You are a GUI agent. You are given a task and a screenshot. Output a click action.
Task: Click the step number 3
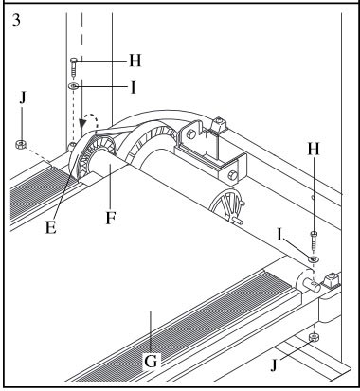(16, 20)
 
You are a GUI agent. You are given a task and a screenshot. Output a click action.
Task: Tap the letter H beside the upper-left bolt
(135, 61)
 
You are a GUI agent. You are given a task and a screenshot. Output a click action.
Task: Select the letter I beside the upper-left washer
(133, 88)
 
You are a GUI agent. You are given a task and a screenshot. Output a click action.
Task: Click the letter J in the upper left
(23, 98)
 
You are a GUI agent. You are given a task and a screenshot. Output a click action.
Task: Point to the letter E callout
(51, 227)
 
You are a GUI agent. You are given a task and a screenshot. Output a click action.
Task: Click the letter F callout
(110, 218)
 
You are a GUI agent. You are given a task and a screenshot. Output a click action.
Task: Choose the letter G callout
(151, 362)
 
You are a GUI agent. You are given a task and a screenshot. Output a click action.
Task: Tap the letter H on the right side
(314, 149)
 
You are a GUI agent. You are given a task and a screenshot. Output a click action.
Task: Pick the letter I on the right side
(279, 235)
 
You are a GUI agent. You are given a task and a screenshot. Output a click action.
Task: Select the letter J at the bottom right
(274, 365)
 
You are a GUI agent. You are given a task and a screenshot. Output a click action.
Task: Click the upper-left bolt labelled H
(74, 67)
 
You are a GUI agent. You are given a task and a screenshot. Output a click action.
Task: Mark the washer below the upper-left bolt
(73, 86)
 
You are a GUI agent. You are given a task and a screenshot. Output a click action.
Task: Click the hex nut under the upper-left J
(21, 145)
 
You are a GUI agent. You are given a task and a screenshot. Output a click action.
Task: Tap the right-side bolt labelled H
(314, 241)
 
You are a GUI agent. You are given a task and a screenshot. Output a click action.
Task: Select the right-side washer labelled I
(314, 259)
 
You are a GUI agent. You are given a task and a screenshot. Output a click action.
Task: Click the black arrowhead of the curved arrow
(83, 124)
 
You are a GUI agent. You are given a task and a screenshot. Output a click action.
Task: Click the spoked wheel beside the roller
(227, 206)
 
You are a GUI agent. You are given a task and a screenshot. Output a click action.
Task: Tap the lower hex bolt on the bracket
(232, 175)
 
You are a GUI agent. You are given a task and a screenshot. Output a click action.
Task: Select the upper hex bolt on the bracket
(189, 135)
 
